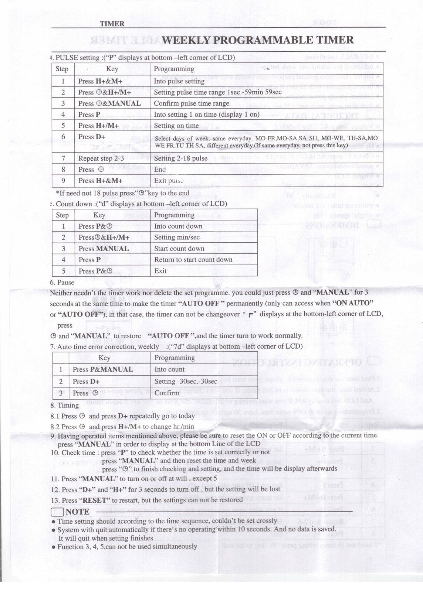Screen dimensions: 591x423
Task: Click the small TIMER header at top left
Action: (112, 24)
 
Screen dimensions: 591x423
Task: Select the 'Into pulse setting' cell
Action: (179, 81)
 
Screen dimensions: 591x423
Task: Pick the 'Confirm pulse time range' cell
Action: (191, 103)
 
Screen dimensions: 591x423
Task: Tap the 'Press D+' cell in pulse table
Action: (92, 137)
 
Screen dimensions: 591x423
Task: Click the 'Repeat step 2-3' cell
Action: (101, 158)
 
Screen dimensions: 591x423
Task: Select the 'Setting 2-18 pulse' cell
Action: (180, 158)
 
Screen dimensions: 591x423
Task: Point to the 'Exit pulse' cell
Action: (169, 181)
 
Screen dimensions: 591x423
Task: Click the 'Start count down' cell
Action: (179, 249)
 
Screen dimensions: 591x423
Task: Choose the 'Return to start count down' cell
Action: (193, 260)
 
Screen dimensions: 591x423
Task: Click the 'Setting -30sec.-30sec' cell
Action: (186, 381)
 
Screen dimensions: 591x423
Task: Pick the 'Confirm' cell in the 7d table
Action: (167, 393)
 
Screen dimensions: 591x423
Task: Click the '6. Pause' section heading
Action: (62, 283)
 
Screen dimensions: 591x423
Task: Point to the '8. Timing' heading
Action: (65, 405)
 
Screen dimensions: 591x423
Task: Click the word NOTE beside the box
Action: (78, 512)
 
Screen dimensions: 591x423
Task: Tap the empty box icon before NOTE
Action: (57, 512)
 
